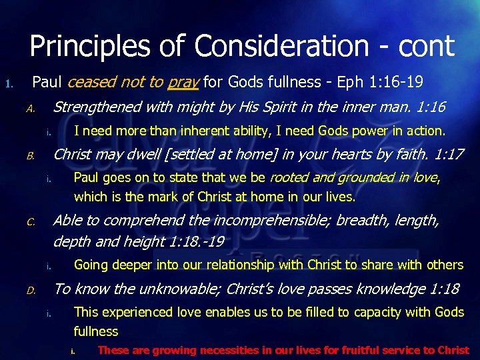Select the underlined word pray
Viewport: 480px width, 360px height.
coord(183,83)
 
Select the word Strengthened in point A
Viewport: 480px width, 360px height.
coord(97,107)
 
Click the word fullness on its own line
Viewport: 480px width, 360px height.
coord(96,331)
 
